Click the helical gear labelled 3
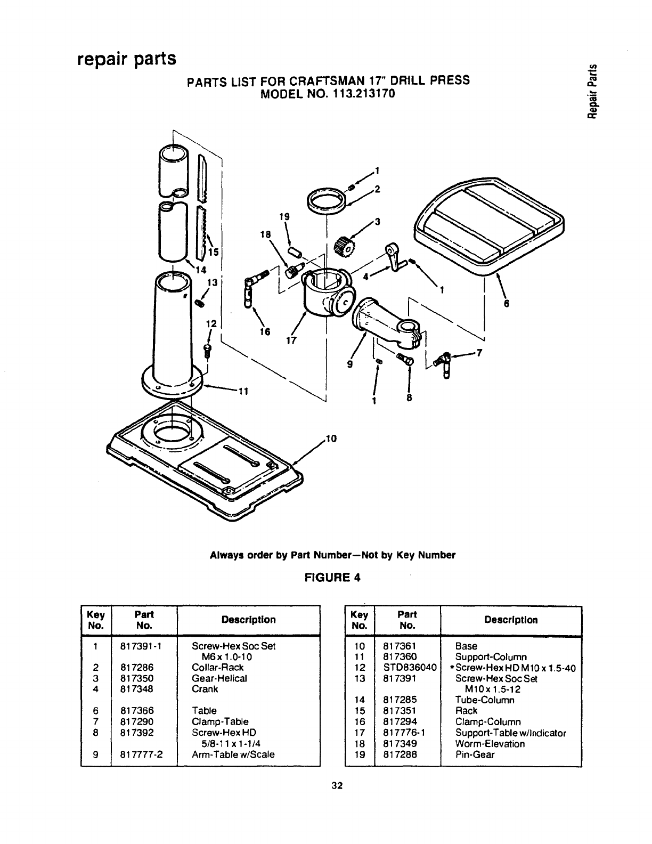pos(344,246)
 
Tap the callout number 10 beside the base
pos(331,439)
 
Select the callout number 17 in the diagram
pos(291,340)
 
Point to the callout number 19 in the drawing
pos(284,217)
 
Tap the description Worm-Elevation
pos(490,743)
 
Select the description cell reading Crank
pos(205,689)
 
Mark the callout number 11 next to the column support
pos(243,391)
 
